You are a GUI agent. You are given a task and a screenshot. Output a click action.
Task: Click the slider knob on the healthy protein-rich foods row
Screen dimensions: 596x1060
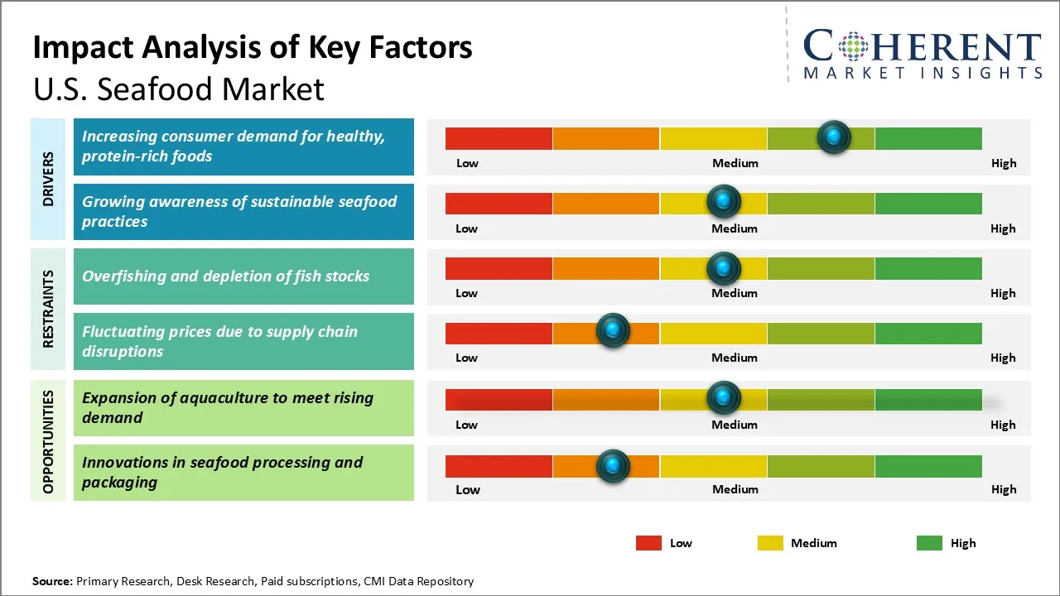point(834,137)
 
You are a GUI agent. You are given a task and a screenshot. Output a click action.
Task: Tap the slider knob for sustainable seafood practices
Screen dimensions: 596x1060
point(724,201)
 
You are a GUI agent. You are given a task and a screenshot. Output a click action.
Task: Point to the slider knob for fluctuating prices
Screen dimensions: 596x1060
point(613,331)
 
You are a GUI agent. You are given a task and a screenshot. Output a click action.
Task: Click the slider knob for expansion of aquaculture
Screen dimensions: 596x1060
point(724,398)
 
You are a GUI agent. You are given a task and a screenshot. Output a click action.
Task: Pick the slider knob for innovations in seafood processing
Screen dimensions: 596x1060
point(613,466)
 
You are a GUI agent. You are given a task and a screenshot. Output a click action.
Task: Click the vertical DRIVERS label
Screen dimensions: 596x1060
point(49,178)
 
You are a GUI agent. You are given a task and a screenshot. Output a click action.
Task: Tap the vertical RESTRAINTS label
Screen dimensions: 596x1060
point(49,309)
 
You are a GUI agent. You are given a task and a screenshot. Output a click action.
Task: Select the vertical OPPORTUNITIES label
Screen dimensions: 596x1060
point(49,441)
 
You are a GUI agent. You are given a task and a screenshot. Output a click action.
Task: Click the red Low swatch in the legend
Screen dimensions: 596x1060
point(648,543)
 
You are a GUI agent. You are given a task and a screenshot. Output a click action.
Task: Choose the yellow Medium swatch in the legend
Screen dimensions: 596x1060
point(770,543)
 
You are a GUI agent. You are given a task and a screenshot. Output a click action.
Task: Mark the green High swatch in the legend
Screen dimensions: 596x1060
point(929,543)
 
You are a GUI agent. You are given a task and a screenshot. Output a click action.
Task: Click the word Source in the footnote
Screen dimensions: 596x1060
point(52,581)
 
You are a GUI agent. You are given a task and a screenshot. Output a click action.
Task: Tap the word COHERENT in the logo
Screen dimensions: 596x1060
point(923,46)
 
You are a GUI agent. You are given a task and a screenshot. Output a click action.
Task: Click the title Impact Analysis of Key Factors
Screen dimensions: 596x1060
point(253,47)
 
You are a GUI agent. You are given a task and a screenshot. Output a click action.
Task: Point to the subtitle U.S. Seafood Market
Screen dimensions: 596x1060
point(179,89)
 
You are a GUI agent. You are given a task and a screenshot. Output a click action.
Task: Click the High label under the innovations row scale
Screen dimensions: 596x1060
point(1004,489)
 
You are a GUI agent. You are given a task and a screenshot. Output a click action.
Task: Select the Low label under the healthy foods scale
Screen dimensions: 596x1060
point(467,163)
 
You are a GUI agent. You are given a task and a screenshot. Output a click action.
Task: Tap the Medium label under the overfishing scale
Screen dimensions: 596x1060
point(735,293)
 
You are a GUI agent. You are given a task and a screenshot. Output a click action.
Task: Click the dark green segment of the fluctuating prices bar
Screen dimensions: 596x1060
point(927,333)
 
